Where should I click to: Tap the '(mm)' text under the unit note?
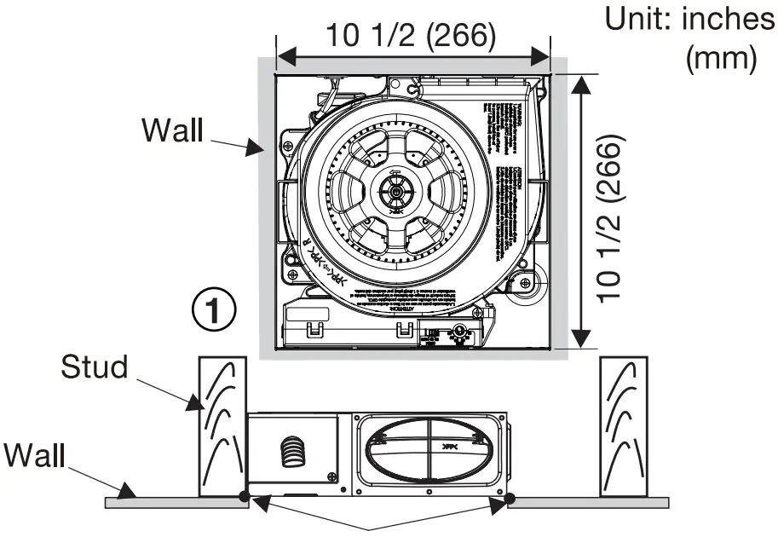[721, 58]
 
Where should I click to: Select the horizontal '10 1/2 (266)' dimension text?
[412, 35]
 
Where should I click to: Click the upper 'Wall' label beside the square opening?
[172, 130]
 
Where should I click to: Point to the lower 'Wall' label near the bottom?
[34, 455]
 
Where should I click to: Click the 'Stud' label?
[95, 368]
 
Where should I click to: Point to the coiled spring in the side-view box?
[291, 449]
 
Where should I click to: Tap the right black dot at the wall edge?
[510, 499]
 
